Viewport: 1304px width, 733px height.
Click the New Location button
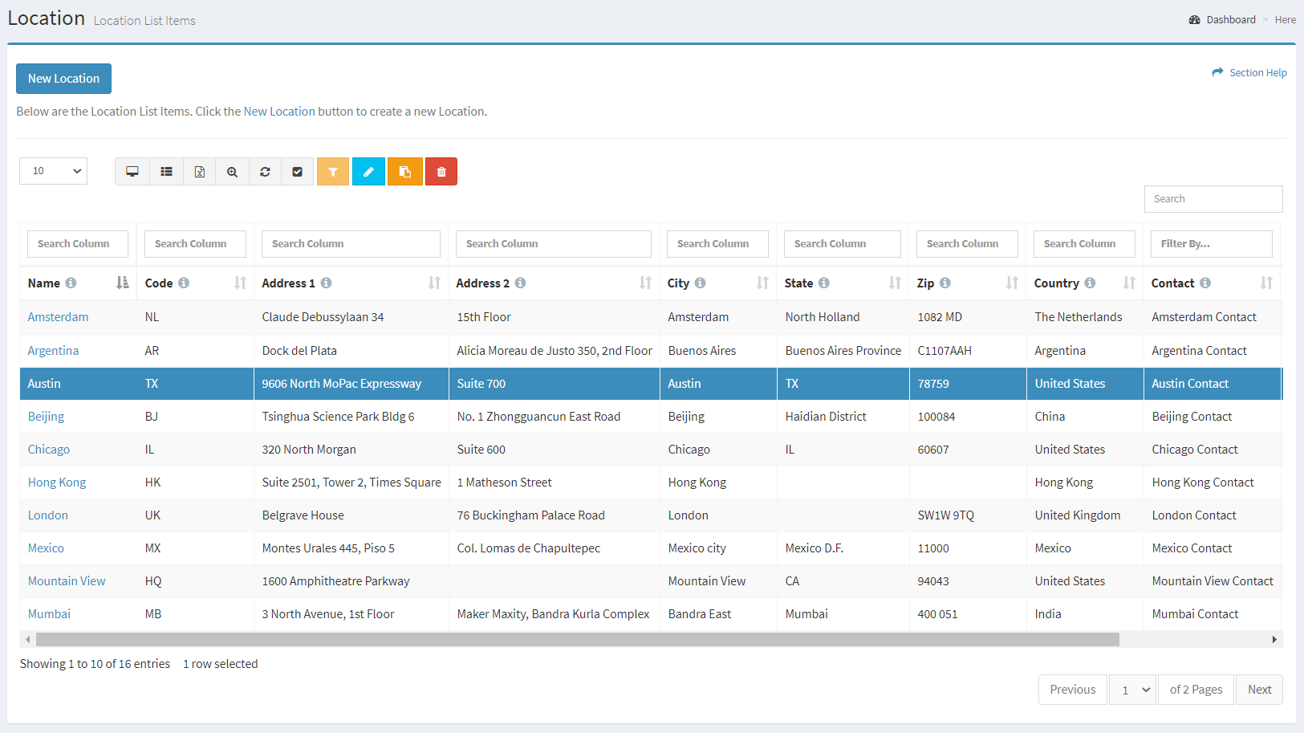click(x=63, y=79)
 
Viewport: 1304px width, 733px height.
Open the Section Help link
click(x=1257, y=73)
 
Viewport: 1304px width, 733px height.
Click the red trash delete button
click(x=441, y=172)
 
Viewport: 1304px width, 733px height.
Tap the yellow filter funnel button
click(x=333, y=172)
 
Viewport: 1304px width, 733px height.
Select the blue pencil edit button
click(x=368, y=172)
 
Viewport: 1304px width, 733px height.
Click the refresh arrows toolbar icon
click(x=265, y=172)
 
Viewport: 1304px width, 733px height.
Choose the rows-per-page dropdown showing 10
click(x=53, y=171)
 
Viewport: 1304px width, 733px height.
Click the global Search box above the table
click(x=1213, y=199)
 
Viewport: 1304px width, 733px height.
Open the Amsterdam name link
click(x=58, y=317)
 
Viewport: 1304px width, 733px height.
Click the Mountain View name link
click(x=67, y=581)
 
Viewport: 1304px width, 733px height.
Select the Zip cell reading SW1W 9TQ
click(x=945, y=515)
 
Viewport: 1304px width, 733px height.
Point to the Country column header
click(x=1056, y=283)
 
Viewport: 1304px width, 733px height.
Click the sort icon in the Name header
click(x=122, y=283)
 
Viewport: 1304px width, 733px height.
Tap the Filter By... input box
click(x=1210, y=244)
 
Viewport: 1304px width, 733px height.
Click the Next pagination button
click(x=1259, y=690)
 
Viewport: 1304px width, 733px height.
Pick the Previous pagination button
click(x=1072, y=690)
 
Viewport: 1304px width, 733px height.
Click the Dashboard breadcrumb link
click(x=1230, y=20)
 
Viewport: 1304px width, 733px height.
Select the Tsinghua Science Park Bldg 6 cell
click(x=338, y=417)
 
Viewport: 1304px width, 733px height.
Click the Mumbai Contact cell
click(x=1195, y=614)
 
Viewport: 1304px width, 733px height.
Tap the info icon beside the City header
click(x=701, y=283)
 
